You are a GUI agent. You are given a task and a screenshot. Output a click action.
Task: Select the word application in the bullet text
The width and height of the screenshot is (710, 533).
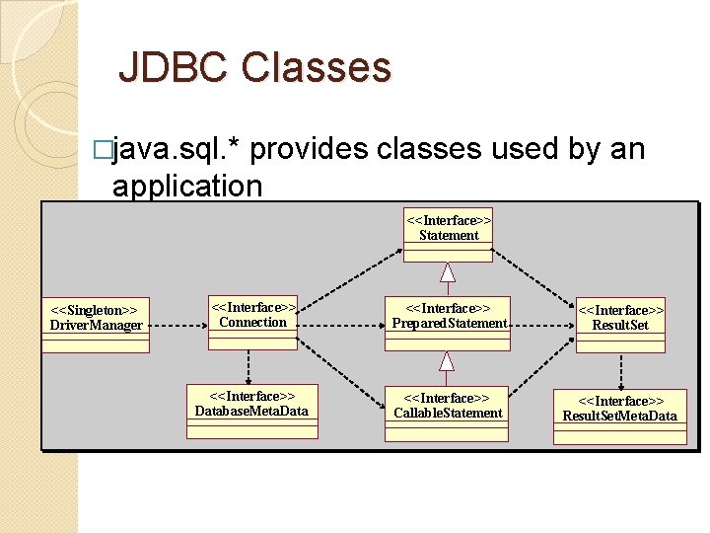[x=187, y=185]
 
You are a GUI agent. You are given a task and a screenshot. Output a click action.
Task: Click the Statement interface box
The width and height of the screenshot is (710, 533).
[x=448, y=234]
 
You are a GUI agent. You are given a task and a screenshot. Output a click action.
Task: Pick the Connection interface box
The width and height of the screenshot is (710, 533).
[x=252, y=322]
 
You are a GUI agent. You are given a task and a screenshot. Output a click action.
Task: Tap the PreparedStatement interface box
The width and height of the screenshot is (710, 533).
[x=448, y=322]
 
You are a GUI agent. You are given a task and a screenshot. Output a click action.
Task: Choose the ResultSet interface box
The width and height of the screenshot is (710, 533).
[x=620, y=324]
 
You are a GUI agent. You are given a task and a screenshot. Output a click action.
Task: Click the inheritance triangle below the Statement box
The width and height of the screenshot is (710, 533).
[x=448, y=271]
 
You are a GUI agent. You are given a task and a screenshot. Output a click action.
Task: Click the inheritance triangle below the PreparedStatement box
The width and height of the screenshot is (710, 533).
[x=448, y=359]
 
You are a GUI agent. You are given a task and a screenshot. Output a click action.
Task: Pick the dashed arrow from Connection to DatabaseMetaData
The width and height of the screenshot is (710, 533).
[x=251, y=366]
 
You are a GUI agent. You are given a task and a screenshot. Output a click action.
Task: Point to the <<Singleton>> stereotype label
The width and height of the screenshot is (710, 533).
[x=94, y=311]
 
